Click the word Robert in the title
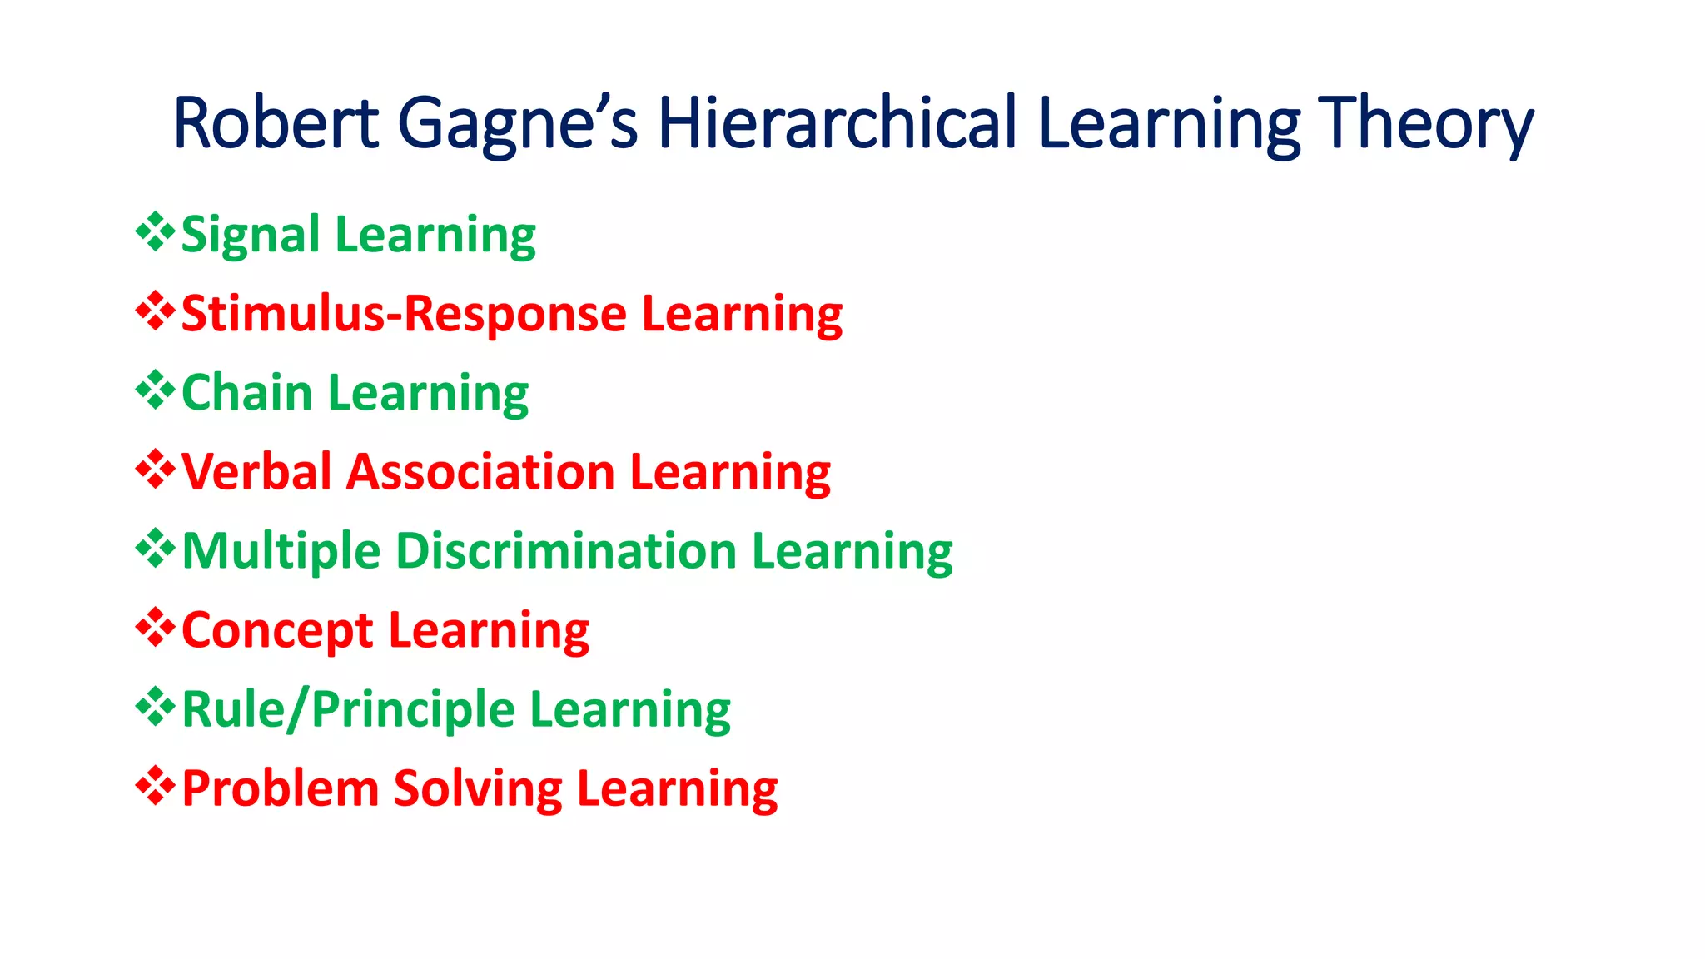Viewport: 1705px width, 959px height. pos(276,123)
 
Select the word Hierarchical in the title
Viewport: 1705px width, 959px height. pos(838,123)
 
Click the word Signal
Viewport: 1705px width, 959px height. pos(250,236)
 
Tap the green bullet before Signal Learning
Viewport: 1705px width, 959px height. pos(155,231)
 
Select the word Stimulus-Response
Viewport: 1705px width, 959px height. pos(404,314)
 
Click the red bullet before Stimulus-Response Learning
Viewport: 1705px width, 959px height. pos(155,311)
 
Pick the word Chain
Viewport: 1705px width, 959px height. pos(246,392)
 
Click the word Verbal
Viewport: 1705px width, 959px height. pos(256,472)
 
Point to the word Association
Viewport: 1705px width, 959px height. pos(480,472)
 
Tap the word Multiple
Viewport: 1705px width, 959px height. pos(281,551)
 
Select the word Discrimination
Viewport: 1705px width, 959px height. pos(566,551)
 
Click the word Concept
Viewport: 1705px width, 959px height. pos(277,631)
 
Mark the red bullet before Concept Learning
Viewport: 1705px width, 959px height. pos(155,627)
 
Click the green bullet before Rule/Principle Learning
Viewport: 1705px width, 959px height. pos(155,706)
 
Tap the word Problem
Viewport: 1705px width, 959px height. pos(280,788)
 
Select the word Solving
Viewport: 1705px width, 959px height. pos(478,789)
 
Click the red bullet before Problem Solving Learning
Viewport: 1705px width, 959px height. pos(155,785)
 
